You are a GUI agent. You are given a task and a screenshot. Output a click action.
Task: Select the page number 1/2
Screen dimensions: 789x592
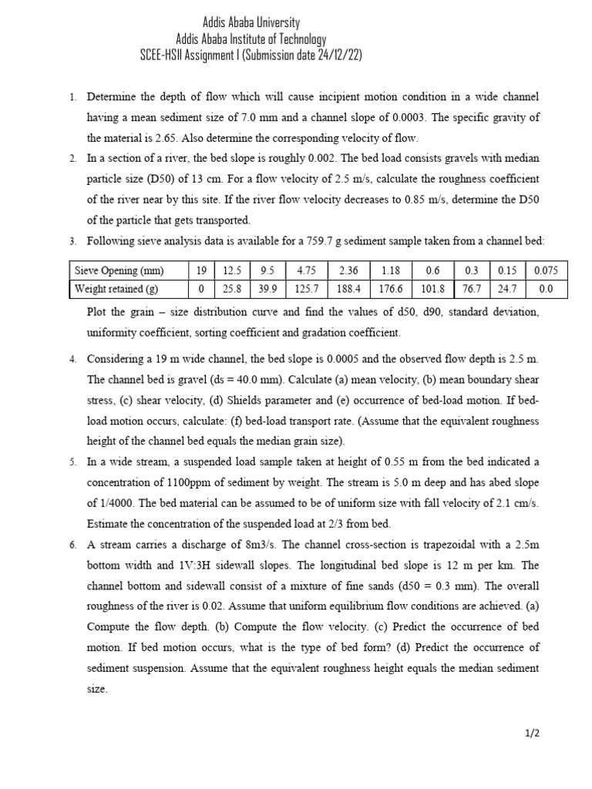pos(532,733)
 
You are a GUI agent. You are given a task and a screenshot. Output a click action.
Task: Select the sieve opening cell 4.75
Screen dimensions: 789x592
pos(307,270)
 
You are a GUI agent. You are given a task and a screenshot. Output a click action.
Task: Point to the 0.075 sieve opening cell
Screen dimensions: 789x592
pos(546,270)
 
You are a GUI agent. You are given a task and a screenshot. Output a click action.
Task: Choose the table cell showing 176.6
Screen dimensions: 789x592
pos(393,289)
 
